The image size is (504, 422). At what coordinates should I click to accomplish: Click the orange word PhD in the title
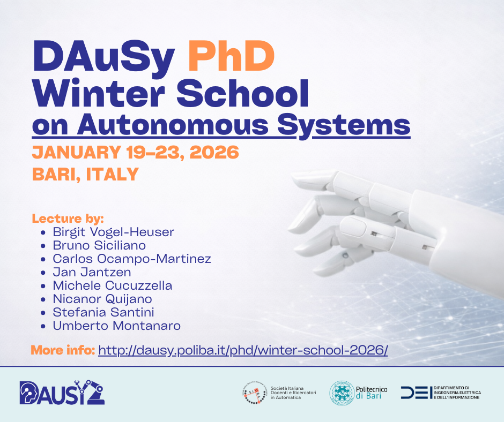pyautogui.click(x=231, y=56)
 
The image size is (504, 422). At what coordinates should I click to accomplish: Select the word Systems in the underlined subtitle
pyautogui.click(x=344, y=125)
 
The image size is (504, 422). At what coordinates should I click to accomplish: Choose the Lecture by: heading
pyautogui.click(x=68, y=218)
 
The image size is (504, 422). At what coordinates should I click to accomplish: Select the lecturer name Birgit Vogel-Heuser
pyautogui.click(x=114, y=232)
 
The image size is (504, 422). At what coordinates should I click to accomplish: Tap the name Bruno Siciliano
pyautogui.click(x=99, y=245)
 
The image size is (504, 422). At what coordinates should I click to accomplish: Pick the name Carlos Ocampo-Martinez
pyautogui.click(x=132, y=259)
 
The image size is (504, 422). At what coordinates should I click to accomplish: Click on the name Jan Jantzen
pyautogui.click(x=92, y=273)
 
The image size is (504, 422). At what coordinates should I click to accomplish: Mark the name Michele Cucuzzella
pyautogui.click(x=113, y=285)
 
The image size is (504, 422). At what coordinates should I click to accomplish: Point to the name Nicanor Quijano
pyautogui.click(x=102, y=299)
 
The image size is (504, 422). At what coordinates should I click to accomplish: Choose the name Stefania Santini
pyautogui.click(x=103, y=312)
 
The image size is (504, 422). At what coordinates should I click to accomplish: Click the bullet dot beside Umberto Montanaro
pyautogui.click(x=43, y=327)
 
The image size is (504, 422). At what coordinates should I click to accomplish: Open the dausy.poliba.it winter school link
pyautogui.click(x=243, y=350)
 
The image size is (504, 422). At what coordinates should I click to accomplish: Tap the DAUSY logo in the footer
pyautogui.click(x=62, y=392)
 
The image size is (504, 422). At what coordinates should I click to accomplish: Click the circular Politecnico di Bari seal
pyautogui.click(x=342, y=393)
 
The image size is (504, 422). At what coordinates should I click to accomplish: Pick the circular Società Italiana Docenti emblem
pyautogui.click(x=255, y=393)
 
